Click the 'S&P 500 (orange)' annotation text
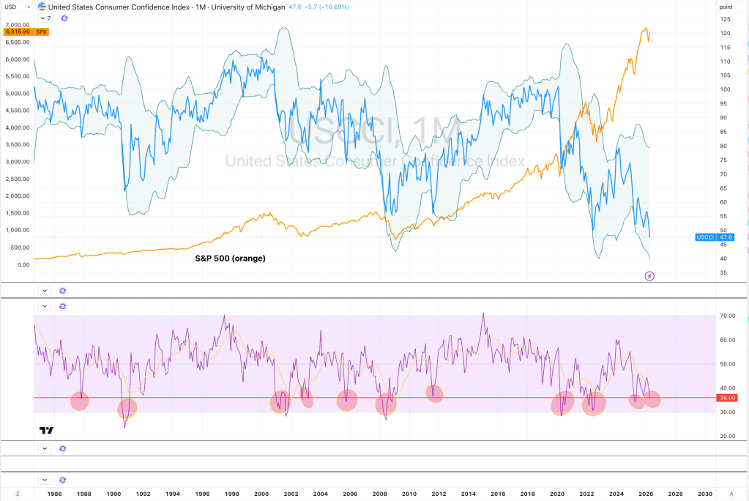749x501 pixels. point(230,259)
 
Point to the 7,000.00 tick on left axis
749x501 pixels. point(16,25)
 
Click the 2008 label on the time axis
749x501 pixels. point(379,494)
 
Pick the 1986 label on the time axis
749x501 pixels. point(54,494)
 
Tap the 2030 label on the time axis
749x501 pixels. point(705,494)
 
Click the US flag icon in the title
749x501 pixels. point(42,6)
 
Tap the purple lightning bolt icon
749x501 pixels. point(649,276)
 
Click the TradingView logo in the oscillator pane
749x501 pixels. point(46,430)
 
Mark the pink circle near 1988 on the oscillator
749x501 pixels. point(79,401)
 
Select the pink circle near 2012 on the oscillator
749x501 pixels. point(435,393)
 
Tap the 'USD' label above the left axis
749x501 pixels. point(10,6)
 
